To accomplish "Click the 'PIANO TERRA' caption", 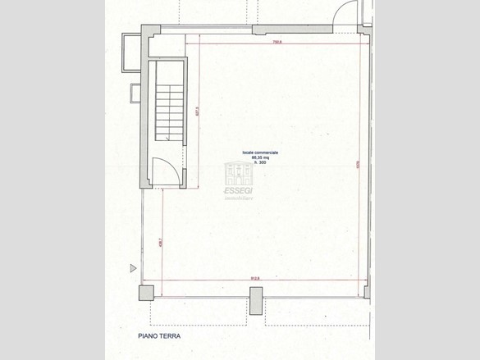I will click(x=158, y=336).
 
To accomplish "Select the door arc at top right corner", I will click(x=349, y=11).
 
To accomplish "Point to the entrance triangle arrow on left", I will click(x=133, y=267).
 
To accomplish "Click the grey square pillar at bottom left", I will click(x=145, y=293).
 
